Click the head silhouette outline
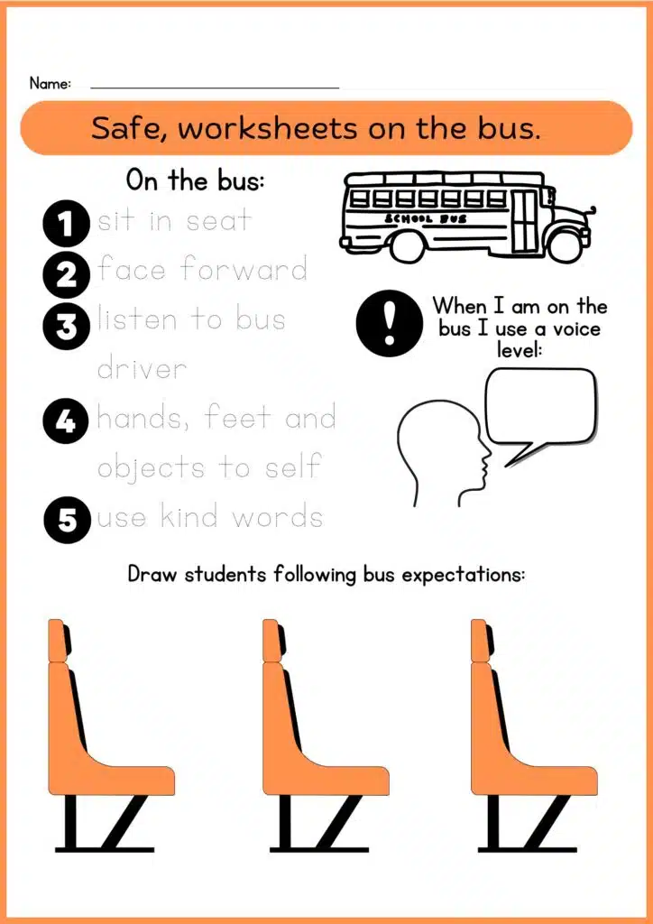[443, 454]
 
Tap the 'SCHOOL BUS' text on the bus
[426, 218]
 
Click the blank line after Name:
[215, 88]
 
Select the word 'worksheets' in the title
[268, 128]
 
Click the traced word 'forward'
[244, 269]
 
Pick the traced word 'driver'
[142, 368]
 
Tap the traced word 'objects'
[150, 468]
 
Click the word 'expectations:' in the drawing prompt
[463, 575]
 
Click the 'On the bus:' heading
[195, 180]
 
